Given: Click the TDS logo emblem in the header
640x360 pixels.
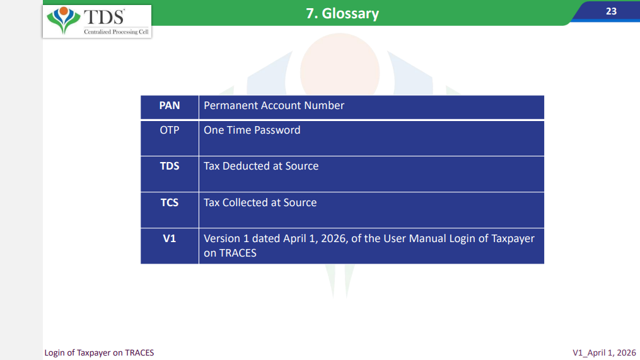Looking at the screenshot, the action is [63, 20].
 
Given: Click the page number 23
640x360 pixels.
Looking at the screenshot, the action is [611, 11].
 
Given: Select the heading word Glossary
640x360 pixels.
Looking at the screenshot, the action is [350, 13].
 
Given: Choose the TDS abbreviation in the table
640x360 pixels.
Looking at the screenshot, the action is [170, 166].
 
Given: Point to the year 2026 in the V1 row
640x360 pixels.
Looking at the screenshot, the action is [334, 238].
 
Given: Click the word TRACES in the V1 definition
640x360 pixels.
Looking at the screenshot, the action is [238, 253].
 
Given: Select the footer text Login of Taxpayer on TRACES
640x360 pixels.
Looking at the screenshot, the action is [99, 352].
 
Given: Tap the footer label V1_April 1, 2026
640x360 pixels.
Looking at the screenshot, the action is [604, 352].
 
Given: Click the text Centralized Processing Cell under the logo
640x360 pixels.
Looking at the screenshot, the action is [116, 32].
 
